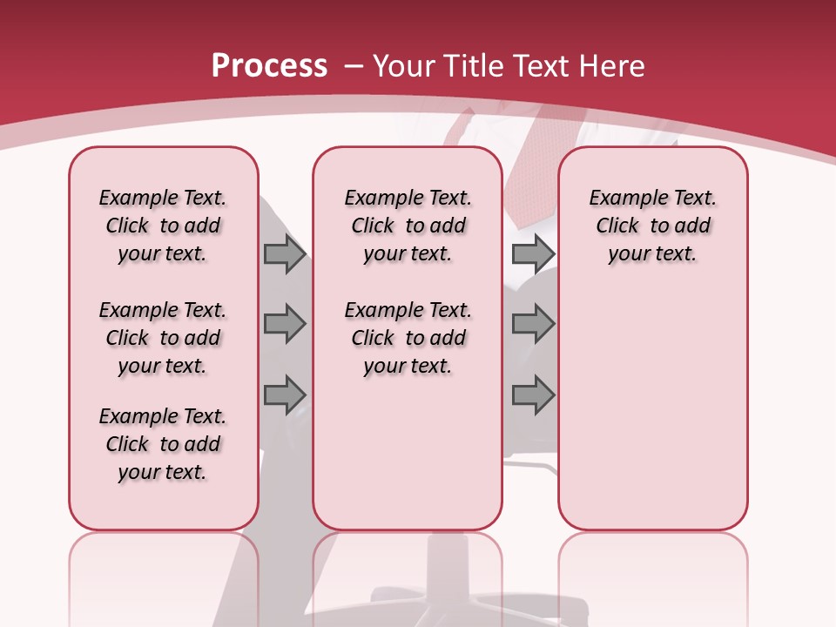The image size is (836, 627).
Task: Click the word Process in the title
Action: click(x=269, y=65)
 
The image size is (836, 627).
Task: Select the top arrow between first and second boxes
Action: click(x=285, y=253)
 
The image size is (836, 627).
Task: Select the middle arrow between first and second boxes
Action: click(x=285, y=324)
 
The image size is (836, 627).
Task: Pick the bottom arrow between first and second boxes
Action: click(x=285, y=395)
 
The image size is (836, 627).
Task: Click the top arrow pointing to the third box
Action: click(x=533, y=253)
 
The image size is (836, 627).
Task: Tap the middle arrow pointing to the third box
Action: click(x=533, y=324)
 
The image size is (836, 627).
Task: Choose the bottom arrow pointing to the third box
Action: click(x=533, y=395)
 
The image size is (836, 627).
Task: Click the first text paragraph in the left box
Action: click(x=163, y=226)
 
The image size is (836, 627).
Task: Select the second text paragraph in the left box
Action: click(x=163, y=338)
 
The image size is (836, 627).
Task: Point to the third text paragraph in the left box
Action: click(x=163, y=444)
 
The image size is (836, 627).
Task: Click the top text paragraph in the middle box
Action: click(x=408, y=226)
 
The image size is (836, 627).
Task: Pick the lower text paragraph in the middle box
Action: click(x=408, y=338)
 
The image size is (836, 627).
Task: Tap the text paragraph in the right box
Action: click(x=652, y=226)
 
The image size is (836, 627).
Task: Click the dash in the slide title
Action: click(x=354, y=66)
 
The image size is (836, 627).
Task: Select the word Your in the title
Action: click(x=404, y=65)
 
